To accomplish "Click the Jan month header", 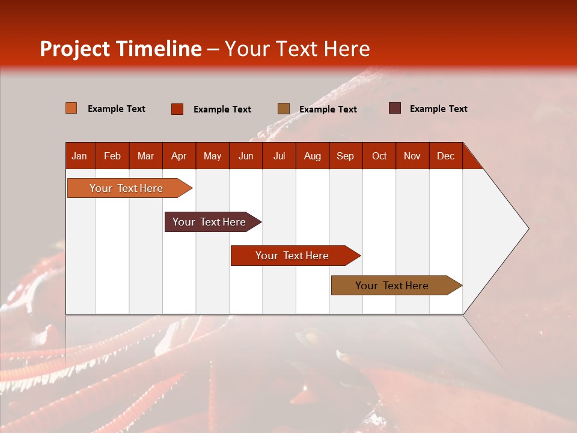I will (x=79, y=156).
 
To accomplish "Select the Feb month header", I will (x=112, y=156).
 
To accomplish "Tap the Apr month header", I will (x=179, y=156).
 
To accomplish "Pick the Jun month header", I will (x=246, y=156).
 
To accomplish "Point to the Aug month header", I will (x=312, y=156).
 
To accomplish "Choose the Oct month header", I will (x=379, y=156).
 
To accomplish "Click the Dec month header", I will (x=445, y=156).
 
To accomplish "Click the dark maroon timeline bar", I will (x=210, y=222).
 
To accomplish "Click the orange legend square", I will (x=72, y=108).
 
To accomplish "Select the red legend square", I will (x=177, y=109).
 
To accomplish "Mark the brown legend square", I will (x=284, y=109).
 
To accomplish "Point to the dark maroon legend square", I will (x=395, y=108).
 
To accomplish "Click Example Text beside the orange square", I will (x=117, y=109).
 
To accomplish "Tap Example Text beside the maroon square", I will (x=439, y=109).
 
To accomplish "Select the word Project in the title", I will (x=76, y=49).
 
